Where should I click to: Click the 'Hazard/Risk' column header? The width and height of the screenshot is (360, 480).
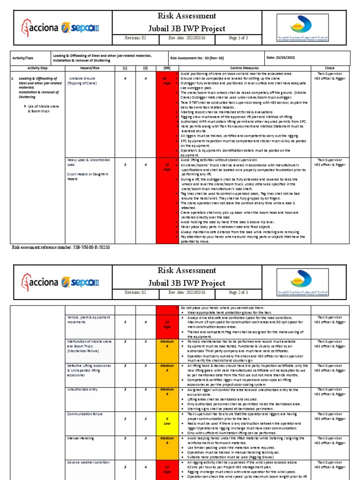pyautogui.click(x=87, y=68)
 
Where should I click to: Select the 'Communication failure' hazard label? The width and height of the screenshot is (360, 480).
pyautogui.click(x=86, y=414)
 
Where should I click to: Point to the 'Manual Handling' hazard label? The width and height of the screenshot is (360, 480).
pyautogui.click(x=80, y=438)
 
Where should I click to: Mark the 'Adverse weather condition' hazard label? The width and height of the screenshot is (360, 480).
pyautogui.click(x=88, y=462)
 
